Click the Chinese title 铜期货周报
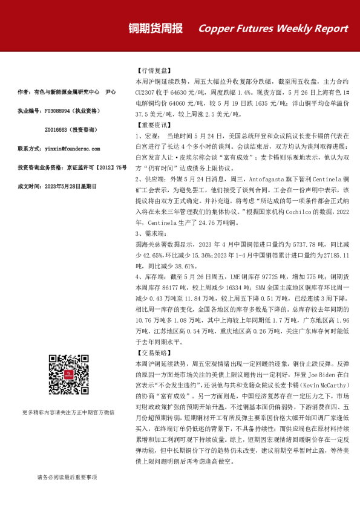[x=155, y=28]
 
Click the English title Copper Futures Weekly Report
[x=273, y=29]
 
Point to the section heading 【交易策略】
[x=150, y=352]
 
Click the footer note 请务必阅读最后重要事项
[x=67, y=477]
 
